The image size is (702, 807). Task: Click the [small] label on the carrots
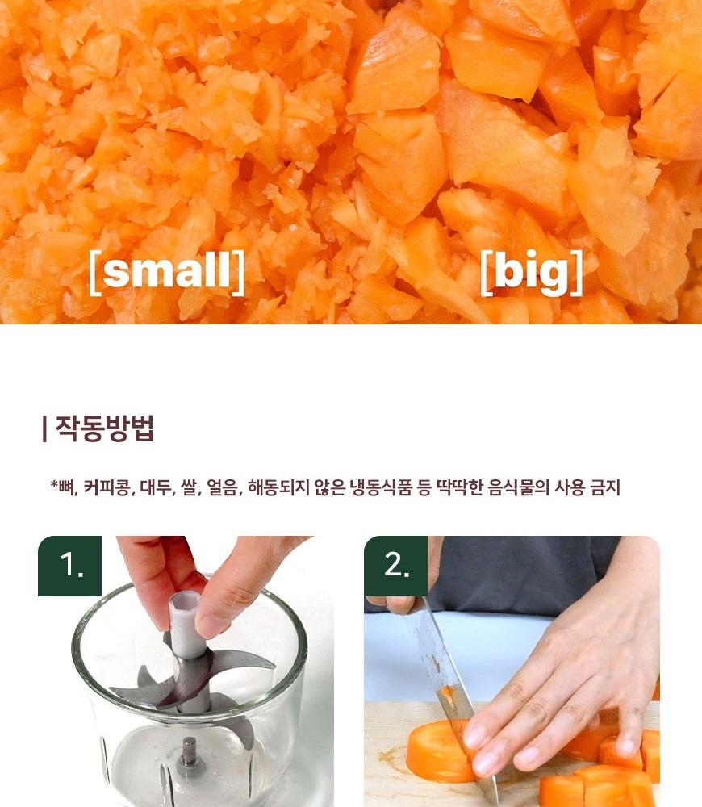pos(167,272)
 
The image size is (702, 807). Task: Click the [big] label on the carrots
pos(532,272)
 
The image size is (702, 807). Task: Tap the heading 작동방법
pos(104,429)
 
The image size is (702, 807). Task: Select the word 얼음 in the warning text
pos(224,487)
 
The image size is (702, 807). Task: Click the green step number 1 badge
pos(70,566)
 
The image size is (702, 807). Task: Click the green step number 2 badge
pos(395,566)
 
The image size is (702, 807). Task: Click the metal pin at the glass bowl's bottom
pos(189,751)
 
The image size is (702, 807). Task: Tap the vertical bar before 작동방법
pos(44,429)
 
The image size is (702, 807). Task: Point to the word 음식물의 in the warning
pos(519,487)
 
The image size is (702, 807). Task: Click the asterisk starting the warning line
pos(53,483)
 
